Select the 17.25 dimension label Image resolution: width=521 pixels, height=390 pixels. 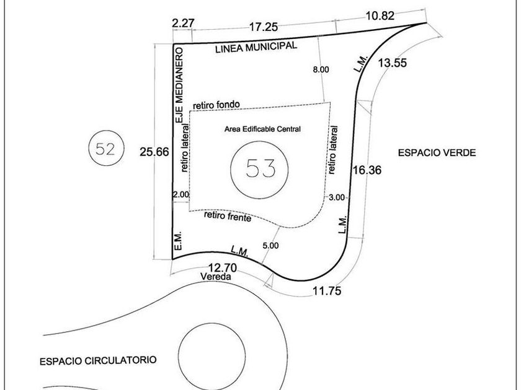[263, 27]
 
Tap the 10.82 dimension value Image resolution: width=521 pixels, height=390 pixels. [380, 16]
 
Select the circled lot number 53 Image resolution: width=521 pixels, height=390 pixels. [260, 168]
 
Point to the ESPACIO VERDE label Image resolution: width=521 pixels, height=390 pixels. [437, 152]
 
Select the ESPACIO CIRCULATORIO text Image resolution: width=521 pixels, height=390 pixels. [98, 360]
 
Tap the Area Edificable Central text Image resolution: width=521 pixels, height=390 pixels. [262, 129]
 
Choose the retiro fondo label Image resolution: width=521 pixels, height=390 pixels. [216, 104]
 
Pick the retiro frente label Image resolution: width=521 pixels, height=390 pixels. [227, 217]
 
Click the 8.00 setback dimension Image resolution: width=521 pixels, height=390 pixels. [321, 69]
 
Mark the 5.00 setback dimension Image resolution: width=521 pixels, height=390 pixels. [270, 246]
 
